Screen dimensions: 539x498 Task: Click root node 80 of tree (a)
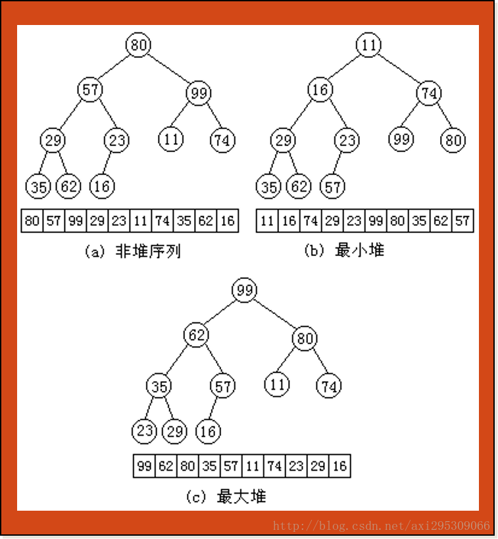[x=138, y=45]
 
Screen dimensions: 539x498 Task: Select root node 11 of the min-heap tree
[x=368, y=45]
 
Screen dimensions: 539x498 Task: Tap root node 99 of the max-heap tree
[x=245, y=290]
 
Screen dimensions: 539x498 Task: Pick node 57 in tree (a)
[x=89, y=90]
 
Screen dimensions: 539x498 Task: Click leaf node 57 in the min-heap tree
[x=332, y=187]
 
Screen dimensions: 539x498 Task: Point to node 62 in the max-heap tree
[x=196, y=335]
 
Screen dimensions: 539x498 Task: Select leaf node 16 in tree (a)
[x=101, y=186]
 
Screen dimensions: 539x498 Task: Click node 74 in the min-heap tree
[x=429, y=93]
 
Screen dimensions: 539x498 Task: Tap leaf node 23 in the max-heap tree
[x=143, y=432]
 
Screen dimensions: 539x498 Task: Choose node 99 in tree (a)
[x=198, y=93]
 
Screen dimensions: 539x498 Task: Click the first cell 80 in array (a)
[x=32, y=220]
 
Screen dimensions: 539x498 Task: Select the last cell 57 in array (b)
[x=462, y=220]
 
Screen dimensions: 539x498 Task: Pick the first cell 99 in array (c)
[x=144, y=466]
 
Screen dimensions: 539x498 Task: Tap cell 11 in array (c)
[x=252, y=466]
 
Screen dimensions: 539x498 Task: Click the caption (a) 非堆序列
[x=132, y=251]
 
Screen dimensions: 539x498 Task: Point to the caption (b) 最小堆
[x=344, y=251]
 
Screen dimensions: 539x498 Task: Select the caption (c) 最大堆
[x=226, y=497]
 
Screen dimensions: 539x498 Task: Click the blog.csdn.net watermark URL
[x=382, y=526]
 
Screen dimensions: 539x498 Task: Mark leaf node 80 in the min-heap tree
[x=453, y=140]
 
